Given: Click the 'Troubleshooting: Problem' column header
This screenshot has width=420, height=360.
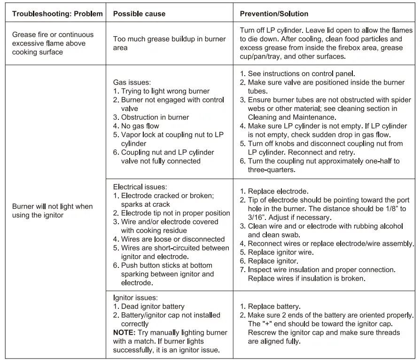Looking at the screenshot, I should pos(57,14).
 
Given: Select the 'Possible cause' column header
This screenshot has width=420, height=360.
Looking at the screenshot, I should pos(140,14).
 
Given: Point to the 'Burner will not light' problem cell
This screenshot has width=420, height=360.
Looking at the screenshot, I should pos(53,211).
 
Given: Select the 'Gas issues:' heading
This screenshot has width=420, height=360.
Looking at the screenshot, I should pos(132,82).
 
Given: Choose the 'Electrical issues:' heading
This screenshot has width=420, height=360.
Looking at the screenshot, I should pos(140,187).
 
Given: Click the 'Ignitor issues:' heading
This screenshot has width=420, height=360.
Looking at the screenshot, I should pos(136,297).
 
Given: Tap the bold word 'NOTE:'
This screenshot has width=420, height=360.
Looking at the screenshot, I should pos(124,332).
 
